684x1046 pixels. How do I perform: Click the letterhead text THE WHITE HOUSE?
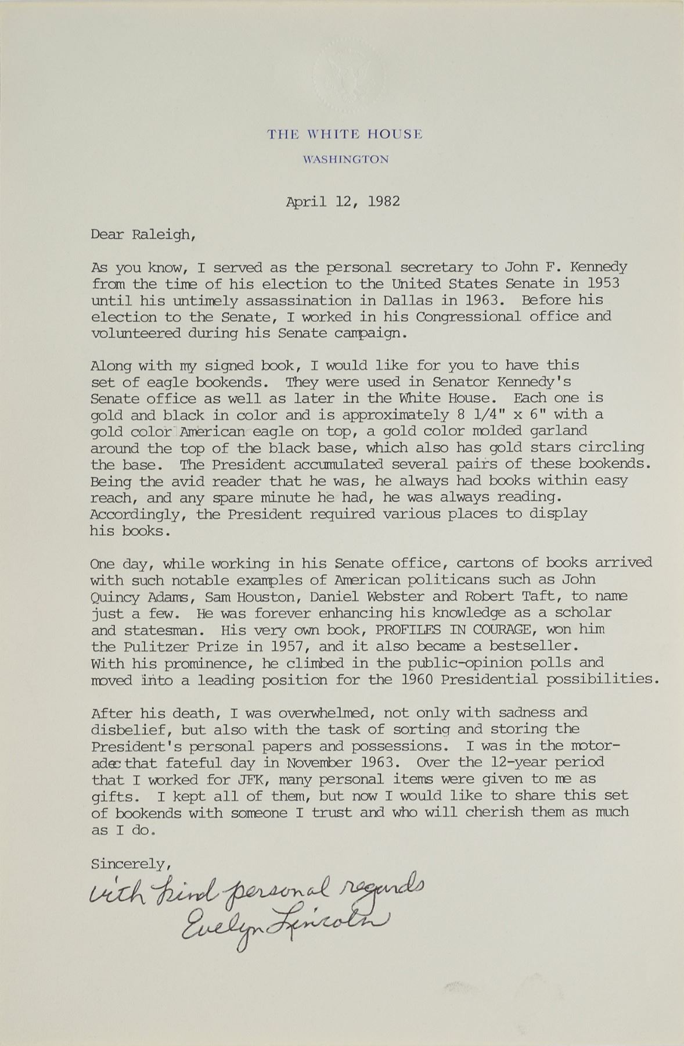344,135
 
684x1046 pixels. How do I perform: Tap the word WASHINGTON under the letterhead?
345,159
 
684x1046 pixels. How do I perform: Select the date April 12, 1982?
343,202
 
